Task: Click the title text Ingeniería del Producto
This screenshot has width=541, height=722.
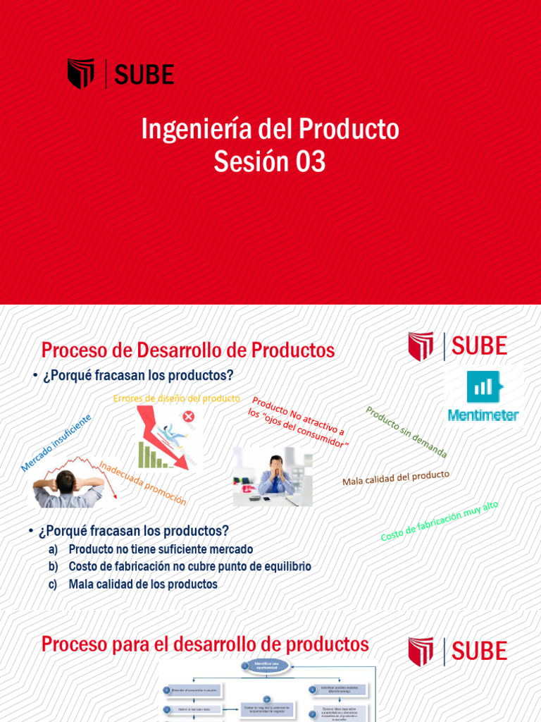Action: pyautogui.click(x=270, y=129)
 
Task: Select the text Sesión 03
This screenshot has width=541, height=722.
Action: pyautogui.click(x=270, y=162)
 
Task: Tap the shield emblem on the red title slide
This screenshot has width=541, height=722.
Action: pyautogui.click(x=80, y=74)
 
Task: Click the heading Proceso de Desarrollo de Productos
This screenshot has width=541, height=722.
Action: pyautogui.click(x=188, y=350)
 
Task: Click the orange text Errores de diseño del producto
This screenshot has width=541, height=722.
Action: pyautogui.click(x=176, y=398)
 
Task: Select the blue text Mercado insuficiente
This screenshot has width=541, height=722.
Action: pyautogui.click(x=56, y=442)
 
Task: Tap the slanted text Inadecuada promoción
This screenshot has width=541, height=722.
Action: pyautogui.click(x=143, y=483)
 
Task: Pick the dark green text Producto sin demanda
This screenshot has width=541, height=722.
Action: pyautogui.click(x=406, y=432)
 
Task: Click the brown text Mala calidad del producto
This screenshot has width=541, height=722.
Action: pyautogui.click(x=395, y=478)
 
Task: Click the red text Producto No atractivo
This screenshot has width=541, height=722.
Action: pyautogui.click(x=299, y=422)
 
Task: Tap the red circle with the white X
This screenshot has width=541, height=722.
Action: pyautogui.click(x=188, y=416)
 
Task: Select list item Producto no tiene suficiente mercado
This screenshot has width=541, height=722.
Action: pyautogui.click(x=161, y=549)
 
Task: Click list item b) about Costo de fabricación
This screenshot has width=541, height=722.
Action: pyautogui.click(x=189, y=566)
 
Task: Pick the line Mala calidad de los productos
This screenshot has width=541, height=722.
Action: pyautogui.click(x=143, y=584)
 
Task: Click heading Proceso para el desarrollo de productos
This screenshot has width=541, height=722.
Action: pyautogui.click(x=205, y=644)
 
